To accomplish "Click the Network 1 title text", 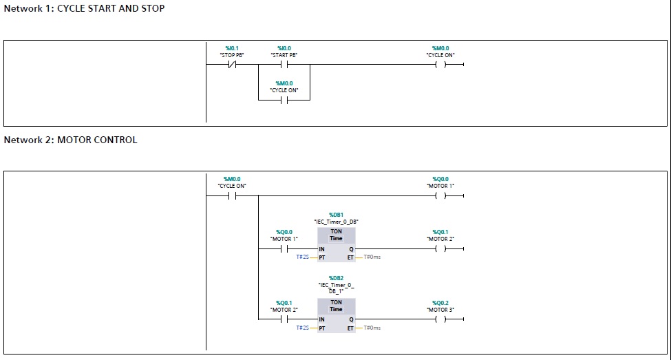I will pyautogui.click(x=85, y=9).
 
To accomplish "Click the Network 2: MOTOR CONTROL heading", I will pyautogui.click(x=71, y=140).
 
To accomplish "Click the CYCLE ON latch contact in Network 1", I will pyautogui.click(x=284, y=100).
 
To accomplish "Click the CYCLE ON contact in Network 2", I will pyautogui.click(x=232, y=195).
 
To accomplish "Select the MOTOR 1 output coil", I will pyautogui.click(x=441, y=195).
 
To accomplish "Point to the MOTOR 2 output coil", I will pyautogui.click(x=441, y=249).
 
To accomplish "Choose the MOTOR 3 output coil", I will pyautogui.click(x=441, y=319).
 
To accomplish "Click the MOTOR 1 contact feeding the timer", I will pyautogui.click(x=284, y=249).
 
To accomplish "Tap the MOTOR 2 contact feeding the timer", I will pyautogui.click(x=284, y=319).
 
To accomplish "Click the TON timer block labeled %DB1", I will pyautogui.click(x=336, y=244).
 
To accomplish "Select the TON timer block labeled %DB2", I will pyautogui.click(x=336, y=315).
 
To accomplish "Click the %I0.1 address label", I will pyautogui.click(x=232, y=48).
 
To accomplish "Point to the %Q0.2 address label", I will pyautogui.click(x=440, y=303).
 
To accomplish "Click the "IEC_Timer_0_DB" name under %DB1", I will pyautogui.click(x=336, y=222).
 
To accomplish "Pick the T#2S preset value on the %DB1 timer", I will pyautogui.click(x=302, y=257).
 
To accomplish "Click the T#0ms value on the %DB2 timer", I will pyautogui.click(x=372, y=328).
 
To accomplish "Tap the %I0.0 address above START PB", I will pyautogui.click(x=284, y=48).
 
